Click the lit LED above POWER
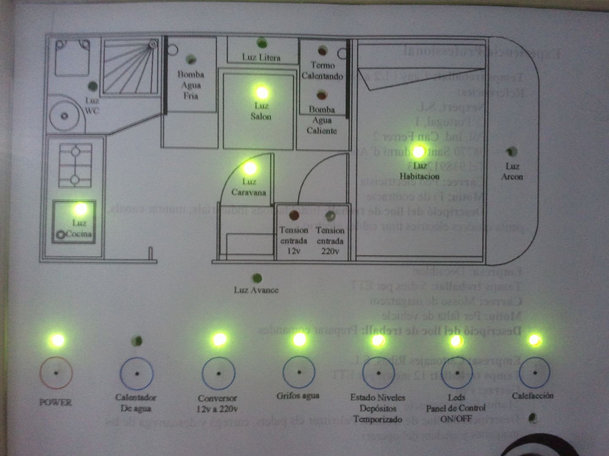pos(57,340)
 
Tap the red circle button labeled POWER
pos(56,373)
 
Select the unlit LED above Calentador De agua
pos(137,341)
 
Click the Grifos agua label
pos(298,396)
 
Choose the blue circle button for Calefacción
pos(535,373)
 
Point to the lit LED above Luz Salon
pos(262,92)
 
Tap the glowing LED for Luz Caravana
pos(250,168)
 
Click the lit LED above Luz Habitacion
pos(419,152)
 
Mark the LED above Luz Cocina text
pos(80,209)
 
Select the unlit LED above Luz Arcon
pos(512,151)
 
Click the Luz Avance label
pos(256,290)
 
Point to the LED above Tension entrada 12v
pos(294,216)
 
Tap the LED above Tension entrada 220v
pos(330,216)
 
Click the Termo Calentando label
pos(322,71)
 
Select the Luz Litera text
pos(261,57)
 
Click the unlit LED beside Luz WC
pos(92,87)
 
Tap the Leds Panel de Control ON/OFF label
pos(456,408)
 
